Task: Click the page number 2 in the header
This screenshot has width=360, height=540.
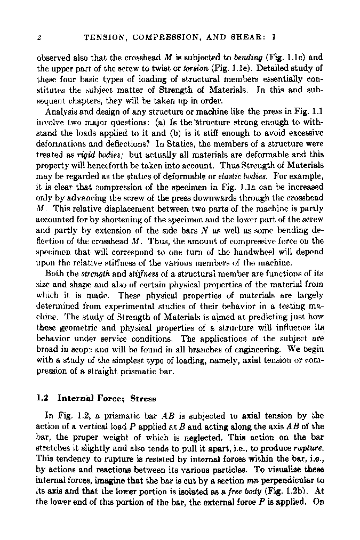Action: click(39, 38)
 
